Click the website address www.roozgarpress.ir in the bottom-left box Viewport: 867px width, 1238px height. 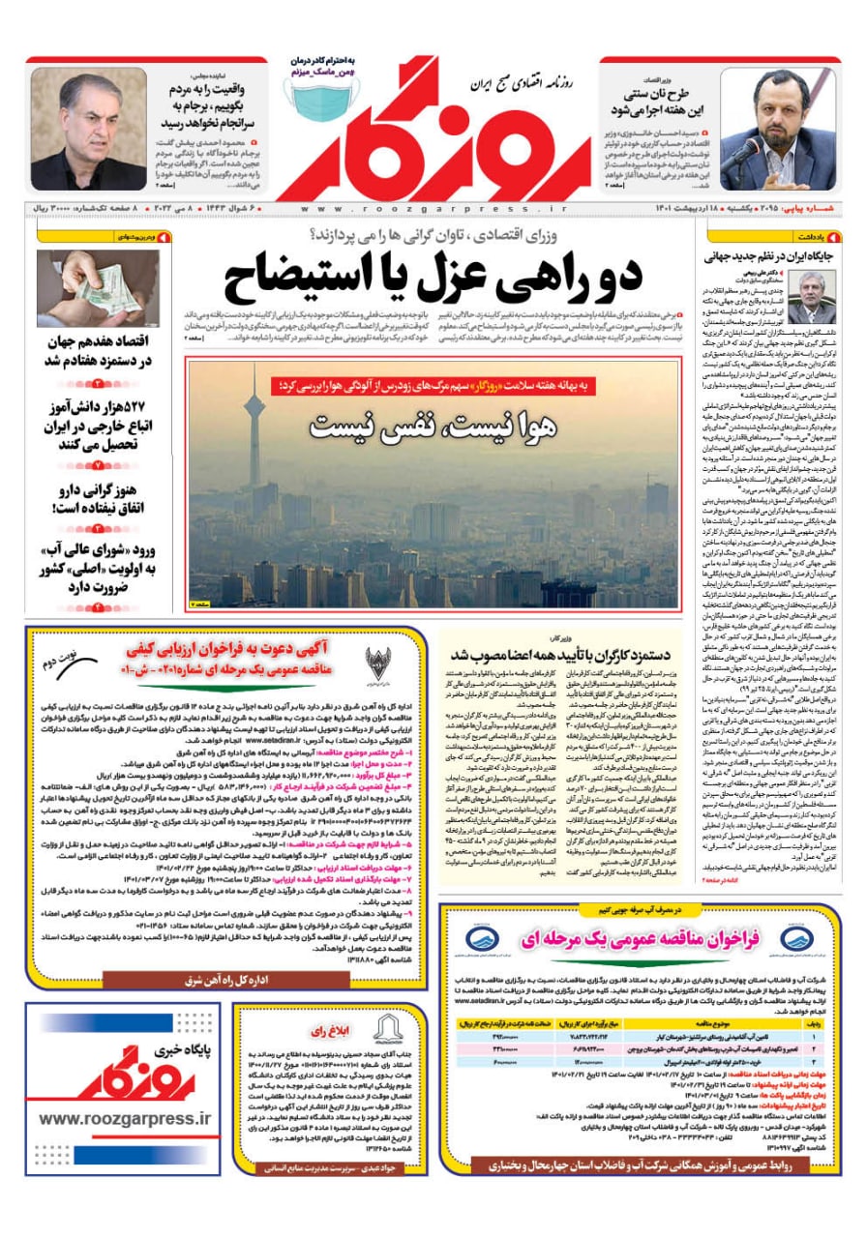[x=125, y=1118]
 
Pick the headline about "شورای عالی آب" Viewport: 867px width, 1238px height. [x=93, y=570]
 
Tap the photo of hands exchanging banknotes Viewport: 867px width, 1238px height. [x=85, y=288]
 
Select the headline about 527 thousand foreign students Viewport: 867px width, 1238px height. [x=93, y=426]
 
